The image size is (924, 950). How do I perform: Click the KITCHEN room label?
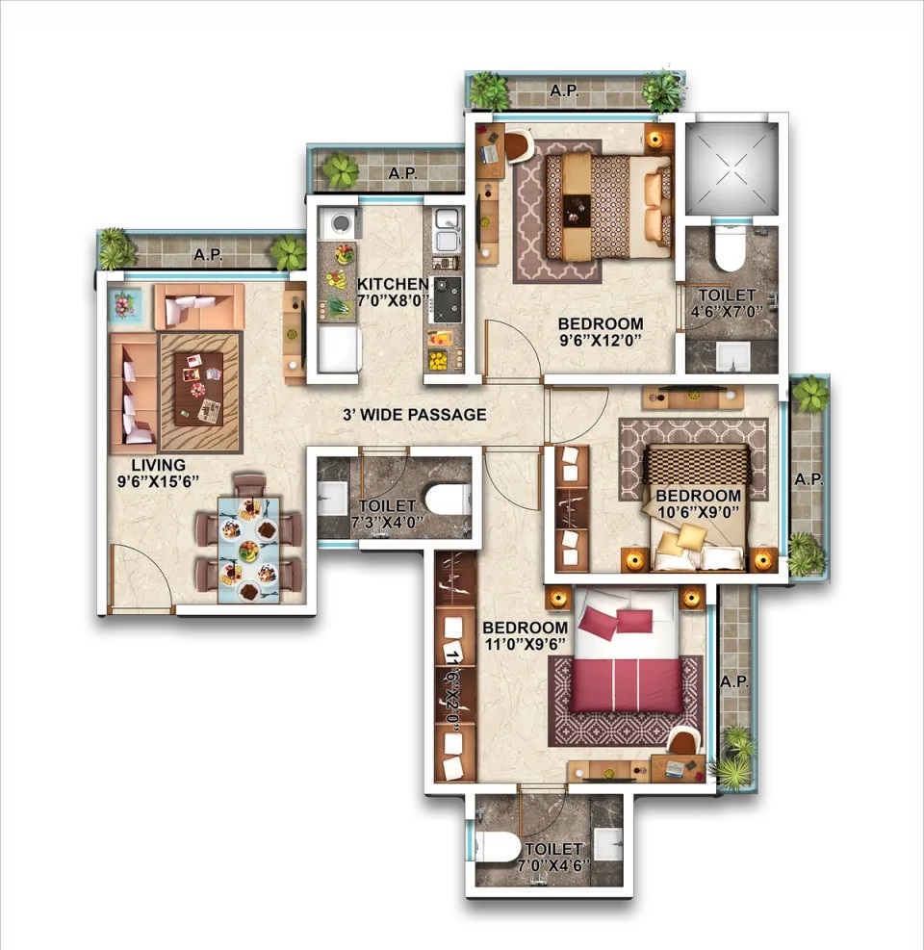pyautogui.click(x=392, y=284)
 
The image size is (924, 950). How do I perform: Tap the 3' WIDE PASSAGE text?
pyautogui.click(x=415, y=415)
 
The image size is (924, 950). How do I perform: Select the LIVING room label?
pyautogui.click(x=159, y=465)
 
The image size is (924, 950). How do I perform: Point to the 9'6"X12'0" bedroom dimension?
pyautogui.click(x=600, y=340)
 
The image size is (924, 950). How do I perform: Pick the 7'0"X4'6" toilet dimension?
pyautogui.click(x=553, y=865)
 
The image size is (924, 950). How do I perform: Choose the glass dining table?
pyautogui.click(x=249, y=550)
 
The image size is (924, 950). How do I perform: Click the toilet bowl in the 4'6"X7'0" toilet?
pyautogui.click(x=729, y=247)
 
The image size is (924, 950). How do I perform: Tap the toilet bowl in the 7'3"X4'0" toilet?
pyautogui.click(x=447, y=501)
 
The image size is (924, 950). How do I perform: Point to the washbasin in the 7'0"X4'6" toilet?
pyautogui.click(x=607, y=844)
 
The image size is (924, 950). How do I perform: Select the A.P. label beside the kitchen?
pyautogui.click(x=403, y=173)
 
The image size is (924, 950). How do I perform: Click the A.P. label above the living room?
pyautogui.click(x=208, y=255)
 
